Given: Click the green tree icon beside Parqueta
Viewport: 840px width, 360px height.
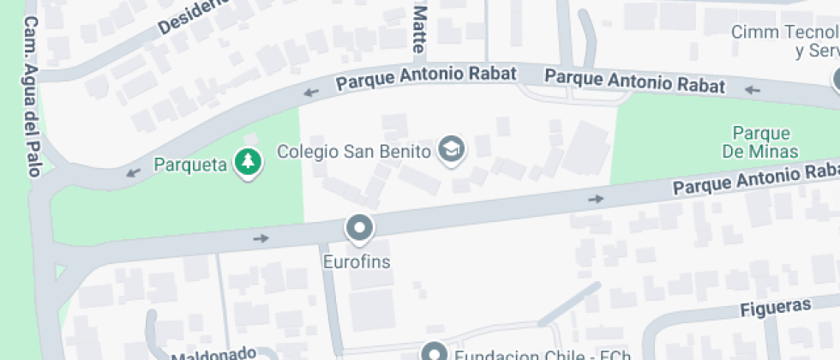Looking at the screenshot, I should (248, 161).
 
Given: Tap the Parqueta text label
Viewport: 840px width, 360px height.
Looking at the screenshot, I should (190, 163).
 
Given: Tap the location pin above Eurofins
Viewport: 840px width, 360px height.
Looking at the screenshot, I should (359, 228).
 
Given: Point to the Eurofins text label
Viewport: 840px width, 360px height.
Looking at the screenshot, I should (357, 261).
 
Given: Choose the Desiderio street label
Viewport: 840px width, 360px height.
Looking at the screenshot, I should (194, 16).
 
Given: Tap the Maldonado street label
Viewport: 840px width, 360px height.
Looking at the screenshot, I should (213, 352).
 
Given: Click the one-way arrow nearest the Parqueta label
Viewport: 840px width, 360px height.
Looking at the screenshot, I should (133, 173).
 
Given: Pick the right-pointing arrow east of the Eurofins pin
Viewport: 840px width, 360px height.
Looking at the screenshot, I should (596, 199).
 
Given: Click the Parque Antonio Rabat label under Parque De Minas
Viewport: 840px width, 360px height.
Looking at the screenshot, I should (754, 177).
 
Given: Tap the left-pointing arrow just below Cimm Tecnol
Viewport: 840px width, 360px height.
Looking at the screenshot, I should (753, 89).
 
